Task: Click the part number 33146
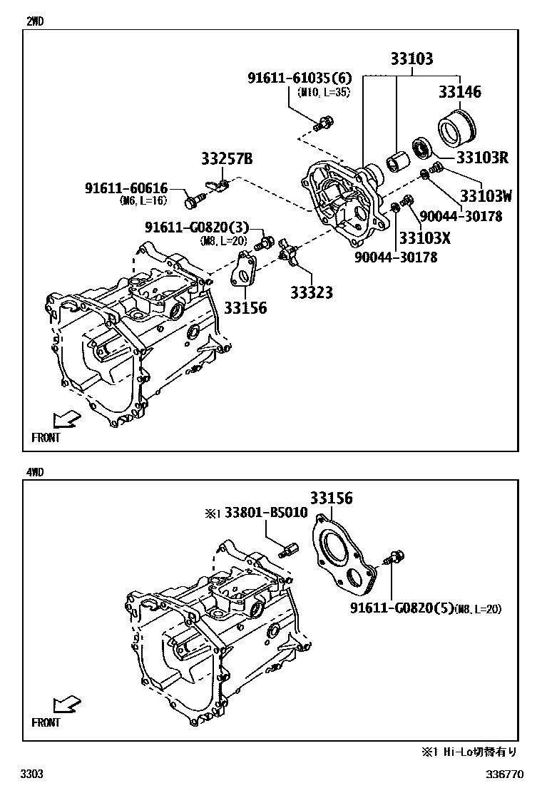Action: (x=459, y=92)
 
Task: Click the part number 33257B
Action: (x=227, y=160)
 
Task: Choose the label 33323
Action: (x=311, y=292)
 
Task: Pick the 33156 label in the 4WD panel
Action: (x=330, y=498)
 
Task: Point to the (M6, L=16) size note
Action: (x=143, y=200)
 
